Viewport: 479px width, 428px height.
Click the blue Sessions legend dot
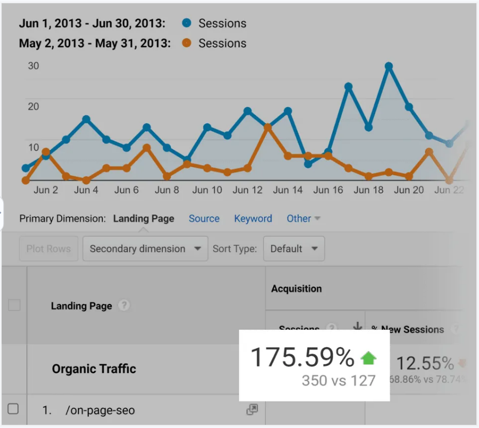(186, 23)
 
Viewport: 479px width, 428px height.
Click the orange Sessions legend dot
(186, 43)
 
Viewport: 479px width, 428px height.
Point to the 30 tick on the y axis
(33, 66)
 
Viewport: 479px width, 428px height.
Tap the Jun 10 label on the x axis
(207, 190)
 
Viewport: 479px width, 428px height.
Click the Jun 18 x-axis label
(369, 190)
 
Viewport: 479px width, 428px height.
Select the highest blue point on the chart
(389, 67)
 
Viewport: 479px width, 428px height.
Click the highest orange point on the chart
(268, 127)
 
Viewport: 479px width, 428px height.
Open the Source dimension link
(204, 218)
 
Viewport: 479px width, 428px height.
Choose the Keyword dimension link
(253, 218)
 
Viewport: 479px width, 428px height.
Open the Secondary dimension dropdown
(144, 249)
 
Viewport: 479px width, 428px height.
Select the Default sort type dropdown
(294, 249)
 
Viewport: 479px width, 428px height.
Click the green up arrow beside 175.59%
(369, 358)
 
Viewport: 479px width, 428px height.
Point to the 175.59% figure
(302, 358)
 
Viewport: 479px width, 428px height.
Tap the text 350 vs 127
(339, 380)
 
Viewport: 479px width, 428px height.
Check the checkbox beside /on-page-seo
(14, 409)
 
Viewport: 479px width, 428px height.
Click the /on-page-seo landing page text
(100, 410)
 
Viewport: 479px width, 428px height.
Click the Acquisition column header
(296, 288)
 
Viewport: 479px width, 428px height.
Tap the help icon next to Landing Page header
(123, 305)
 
